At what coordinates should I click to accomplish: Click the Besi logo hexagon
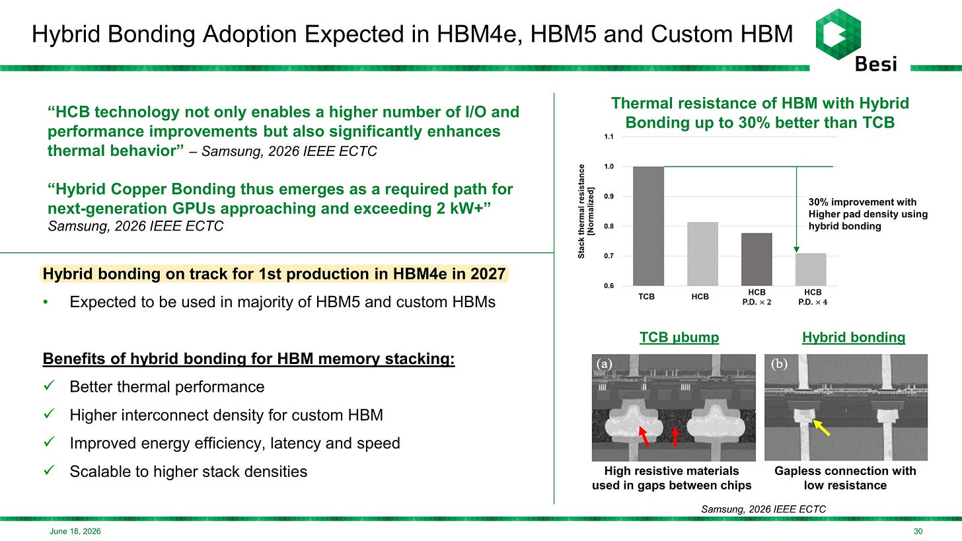[x=838, y=34]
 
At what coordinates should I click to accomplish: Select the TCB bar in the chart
[x=649, y=226]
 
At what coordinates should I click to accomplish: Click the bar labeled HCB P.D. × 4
[x=811, y=270]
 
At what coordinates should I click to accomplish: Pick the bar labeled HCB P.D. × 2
[x=757, y=260]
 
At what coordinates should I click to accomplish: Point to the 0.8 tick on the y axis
[x=609, y=227]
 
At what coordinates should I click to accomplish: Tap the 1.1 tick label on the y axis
[x=609, y=137]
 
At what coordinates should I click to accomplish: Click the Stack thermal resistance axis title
[x=586, y=211]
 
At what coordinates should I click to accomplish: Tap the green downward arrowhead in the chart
[x=797, y=250]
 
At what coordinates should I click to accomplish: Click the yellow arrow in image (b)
[x=821, y=428]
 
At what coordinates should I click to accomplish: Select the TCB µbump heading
[x=679, y=338]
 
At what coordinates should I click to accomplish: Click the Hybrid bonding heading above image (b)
[x=854, y=338]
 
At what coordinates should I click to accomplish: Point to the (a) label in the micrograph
[x=604, y=364]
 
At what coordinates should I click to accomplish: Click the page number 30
[x=918, y=531]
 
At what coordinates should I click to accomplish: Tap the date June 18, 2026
[x=75, y=531]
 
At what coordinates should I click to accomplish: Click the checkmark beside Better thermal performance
[x=49, y=385]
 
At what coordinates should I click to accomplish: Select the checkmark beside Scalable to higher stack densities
[x=49, y=470]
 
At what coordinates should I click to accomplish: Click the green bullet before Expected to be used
[x=46, y=302]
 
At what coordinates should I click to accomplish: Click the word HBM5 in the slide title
[x=564, y=34]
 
